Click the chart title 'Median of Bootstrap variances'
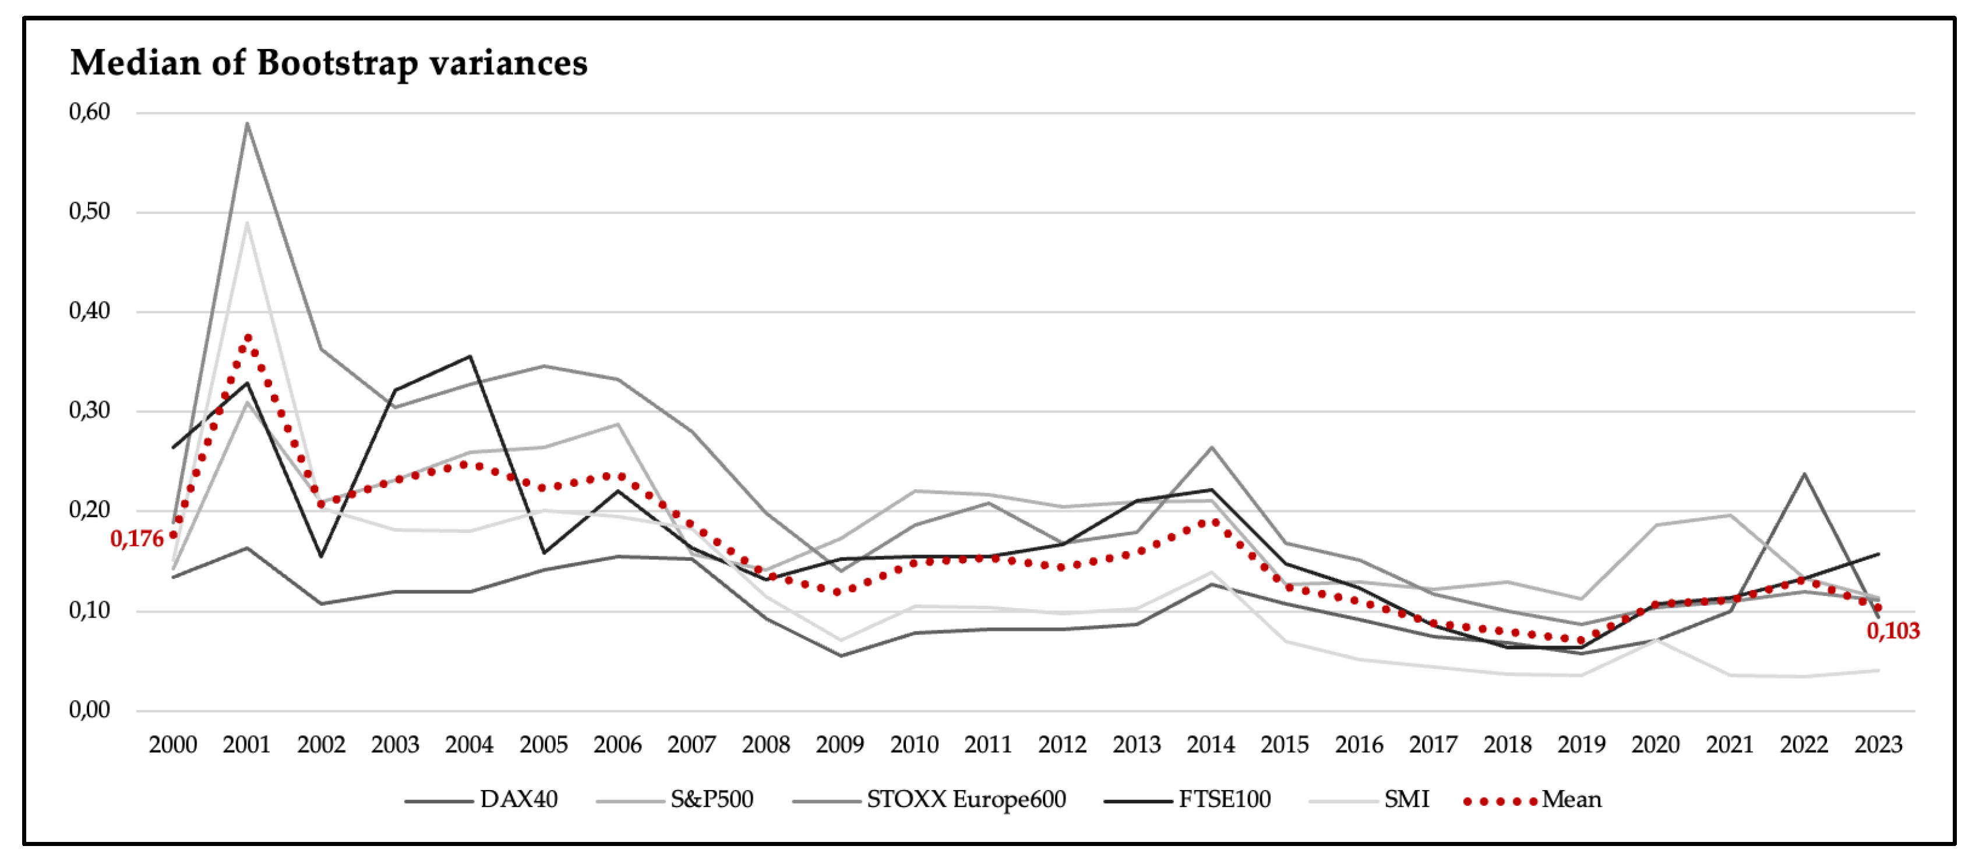[329, 63]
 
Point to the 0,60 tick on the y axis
[90, 112]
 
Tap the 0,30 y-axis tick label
[90, 410]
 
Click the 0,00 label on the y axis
[90, 710]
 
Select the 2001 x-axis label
[246, 745]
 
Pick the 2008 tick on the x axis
[765, 745]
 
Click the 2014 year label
[1211, 745]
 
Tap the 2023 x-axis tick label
[1878, 745]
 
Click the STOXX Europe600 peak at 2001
[247, 122]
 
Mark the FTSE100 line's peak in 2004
[470, 356]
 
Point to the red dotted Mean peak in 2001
[247, 338]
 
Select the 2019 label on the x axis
[1582, 745]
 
